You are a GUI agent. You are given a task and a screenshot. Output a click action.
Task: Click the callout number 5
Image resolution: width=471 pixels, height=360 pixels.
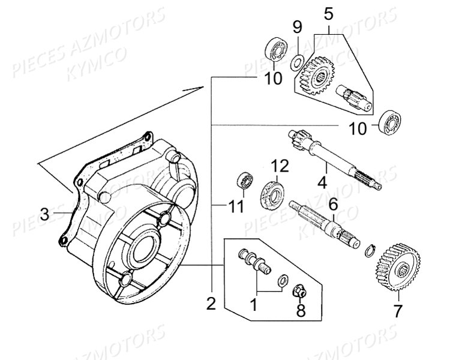coord(329,14)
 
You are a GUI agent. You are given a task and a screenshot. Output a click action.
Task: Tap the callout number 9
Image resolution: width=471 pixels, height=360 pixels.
coord(297,28)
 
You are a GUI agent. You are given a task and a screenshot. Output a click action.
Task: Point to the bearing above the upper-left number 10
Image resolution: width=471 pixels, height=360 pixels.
coord(276,50)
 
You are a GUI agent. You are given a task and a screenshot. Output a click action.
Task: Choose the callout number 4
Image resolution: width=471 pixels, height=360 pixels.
coord(322,182)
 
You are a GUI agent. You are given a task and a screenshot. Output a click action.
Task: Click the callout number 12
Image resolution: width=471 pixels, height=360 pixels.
coord(280,166)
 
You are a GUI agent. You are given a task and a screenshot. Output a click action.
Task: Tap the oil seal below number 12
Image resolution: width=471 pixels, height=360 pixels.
coord(272,196)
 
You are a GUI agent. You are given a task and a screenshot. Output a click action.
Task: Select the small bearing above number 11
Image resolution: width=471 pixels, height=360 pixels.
coord(245,182)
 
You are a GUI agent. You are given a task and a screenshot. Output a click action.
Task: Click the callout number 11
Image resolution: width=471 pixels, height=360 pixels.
coord(236,207)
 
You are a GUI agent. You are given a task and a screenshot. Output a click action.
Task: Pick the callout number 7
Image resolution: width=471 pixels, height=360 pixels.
coord(397,311)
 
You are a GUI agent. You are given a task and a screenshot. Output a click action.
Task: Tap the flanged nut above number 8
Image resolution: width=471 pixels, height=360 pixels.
coord(299,291)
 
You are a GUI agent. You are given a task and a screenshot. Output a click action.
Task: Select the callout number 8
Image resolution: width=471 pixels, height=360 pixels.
coord(301,310)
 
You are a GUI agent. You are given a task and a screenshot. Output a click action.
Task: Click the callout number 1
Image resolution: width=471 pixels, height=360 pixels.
coord(254,305)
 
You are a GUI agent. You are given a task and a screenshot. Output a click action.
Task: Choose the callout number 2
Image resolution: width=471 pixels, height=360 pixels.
coord(211,304)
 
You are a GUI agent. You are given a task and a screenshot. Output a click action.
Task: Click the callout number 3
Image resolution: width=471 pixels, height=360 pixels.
coord(44,215)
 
